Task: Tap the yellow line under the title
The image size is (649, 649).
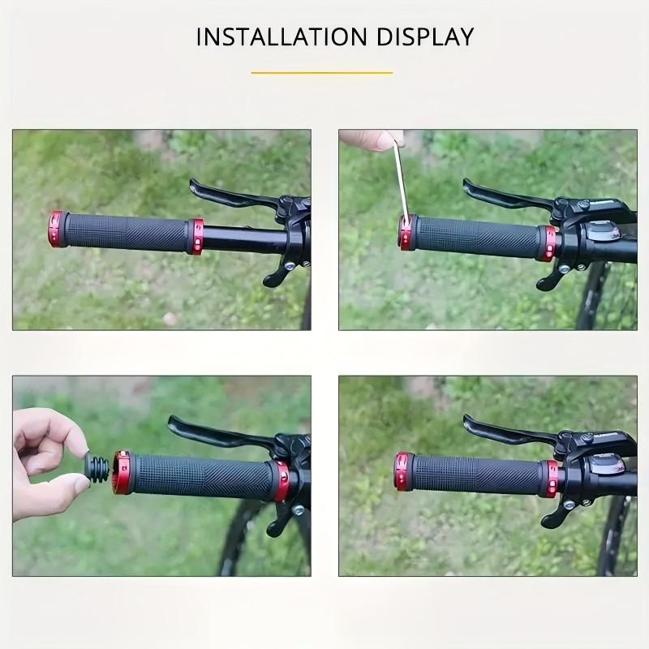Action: [322, 73]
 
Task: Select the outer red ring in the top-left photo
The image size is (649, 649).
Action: [56, 230]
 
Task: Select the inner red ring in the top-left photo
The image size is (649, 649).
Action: [196, 236]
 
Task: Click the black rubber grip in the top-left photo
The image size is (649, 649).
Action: [126, 233]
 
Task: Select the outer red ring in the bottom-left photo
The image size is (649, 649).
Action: [122, 472]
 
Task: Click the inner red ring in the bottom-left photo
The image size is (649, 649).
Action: [282, 482]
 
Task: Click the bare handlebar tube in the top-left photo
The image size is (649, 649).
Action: [243, 240]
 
